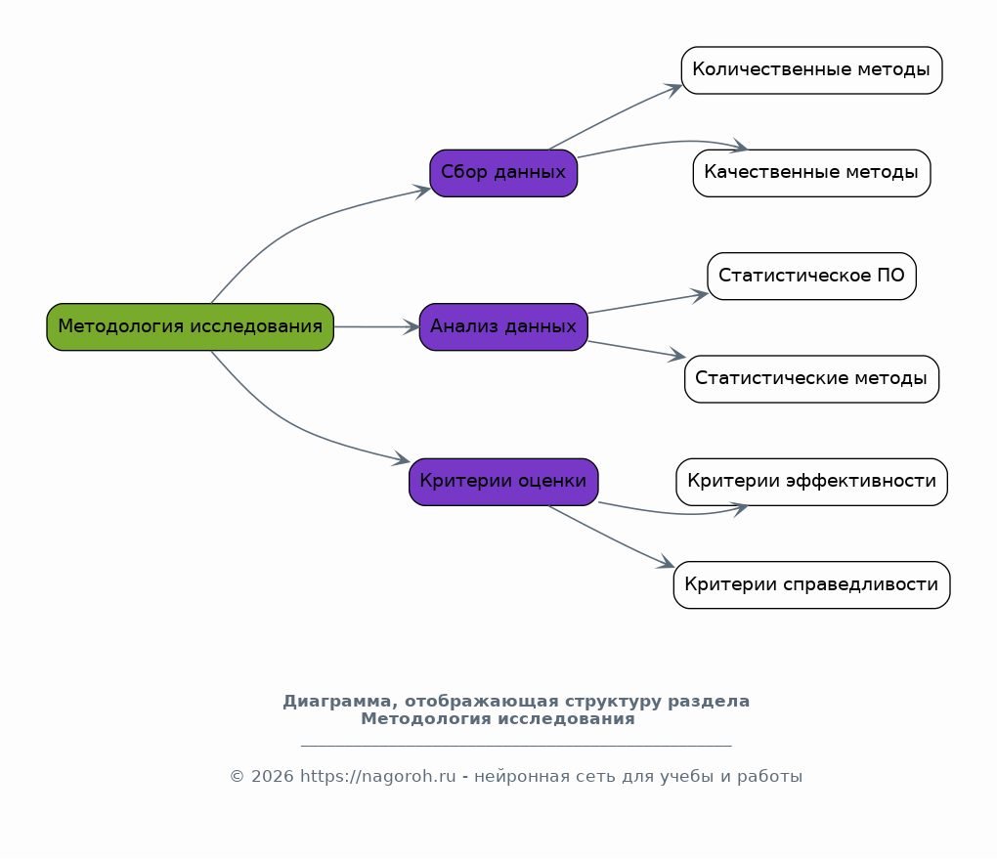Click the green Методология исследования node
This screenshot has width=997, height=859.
(x=191, y=326)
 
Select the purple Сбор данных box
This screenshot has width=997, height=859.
(x=503, y=173)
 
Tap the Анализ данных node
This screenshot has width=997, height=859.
(x=503, y=326)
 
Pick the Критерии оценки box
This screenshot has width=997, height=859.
(x=503, y=482)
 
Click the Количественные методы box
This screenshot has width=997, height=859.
(x=812, y=70)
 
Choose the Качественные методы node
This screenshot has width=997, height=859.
(x=812, y=173)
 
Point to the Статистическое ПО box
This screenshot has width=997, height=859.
(x=812, y=276)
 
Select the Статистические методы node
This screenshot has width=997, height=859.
(x=812, y=379)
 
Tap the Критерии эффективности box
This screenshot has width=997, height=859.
(x=812, y=482)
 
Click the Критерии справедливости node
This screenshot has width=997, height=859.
(x=812, y=585)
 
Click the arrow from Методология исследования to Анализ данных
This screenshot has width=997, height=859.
(x=376, y=326)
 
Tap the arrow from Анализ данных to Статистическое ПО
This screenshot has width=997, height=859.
(x=648, y=303)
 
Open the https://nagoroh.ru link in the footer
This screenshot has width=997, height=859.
(x=377, y=776)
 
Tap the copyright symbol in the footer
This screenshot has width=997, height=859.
(x=237, y=777)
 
